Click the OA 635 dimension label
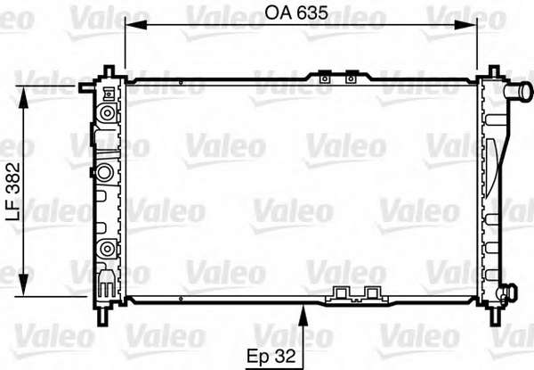point(296,13)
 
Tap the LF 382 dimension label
point(14,192)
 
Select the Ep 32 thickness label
point(271,356)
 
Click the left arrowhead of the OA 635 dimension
point(136,25)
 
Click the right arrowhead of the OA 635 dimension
point(465,25)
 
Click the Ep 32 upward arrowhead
point(303,316)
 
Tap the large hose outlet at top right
point(518,92)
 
